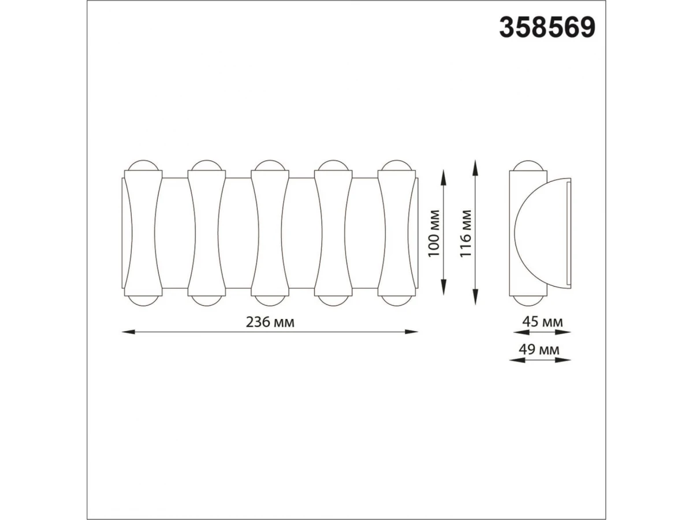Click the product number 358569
[547, 28]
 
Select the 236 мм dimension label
[270, 322]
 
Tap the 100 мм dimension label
[434, 233]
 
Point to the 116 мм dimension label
[465, 233]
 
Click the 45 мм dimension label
[542, 322]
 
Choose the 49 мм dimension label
[539, 350]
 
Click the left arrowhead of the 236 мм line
[129, 332]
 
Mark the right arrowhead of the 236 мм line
[411, 332]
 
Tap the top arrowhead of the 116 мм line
[475, 167]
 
